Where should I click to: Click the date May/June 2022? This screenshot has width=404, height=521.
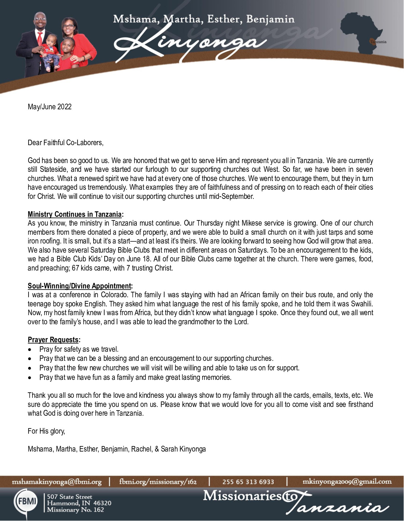(x=50, y=107)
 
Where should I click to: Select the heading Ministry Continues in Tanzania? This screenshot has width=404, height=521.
(x=75, y=214)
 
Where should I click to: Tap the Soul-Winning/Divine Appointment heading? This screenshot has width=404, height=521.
(x=79, y=286)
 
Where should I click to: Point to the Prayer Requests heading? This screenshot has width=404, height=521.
(x=53, y=340)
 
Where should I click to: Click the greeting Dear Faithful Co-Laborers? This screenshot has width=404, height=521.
(x=65, y=143)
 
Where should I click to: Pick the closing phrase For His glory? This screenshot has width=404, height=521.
(x=46, y=431)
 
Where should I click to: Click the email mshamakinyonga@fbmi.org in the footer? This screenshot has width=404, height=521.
(x=57, y=482)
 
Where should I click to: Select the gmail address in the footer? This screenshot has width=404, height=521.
(x=347, y=482)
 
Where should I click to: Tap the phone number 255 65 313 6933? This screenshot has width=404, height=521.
(x=248, y=482)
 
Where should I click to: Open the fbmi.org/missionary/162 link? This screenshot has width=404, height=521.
(x=158, y=482)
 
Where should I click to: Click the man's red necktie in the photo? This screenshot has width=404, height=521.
(x=39, y=38)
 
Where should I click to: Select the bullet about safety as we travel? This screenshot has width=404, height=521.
(x=79, y=349)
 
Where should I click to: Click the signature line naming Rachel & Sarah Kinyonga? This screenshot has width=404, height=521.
(x=117, y=449)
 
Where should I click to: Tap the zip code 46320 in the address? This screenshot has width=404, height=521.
(x=102, y=503)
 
